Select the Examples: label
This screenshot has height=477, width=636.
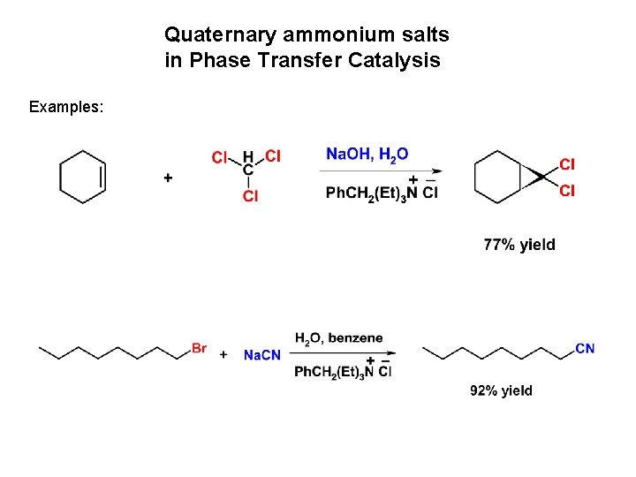66,107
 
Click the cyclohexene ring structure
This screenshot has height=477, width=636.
82,177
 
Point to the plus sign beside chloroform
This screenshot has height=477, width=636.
168,178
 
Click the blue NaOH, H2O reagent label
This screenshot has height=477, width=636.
367,155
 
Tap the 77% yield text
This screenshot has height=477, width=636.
519,245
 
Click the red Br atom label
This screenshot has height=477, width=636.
199,348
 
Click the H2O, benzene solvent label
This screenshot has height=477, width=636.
339,337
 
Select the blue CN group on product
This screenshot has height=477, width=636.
585,348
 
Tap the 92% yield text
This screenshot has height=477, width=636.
501,390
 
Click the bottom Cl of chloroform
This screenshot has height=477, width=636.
251,196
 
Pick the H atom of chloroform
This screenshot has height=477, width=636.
248,156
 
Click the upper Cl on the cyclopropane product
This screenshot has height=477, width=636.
567,164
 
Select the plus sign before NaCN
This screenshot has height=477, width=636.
223,354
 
